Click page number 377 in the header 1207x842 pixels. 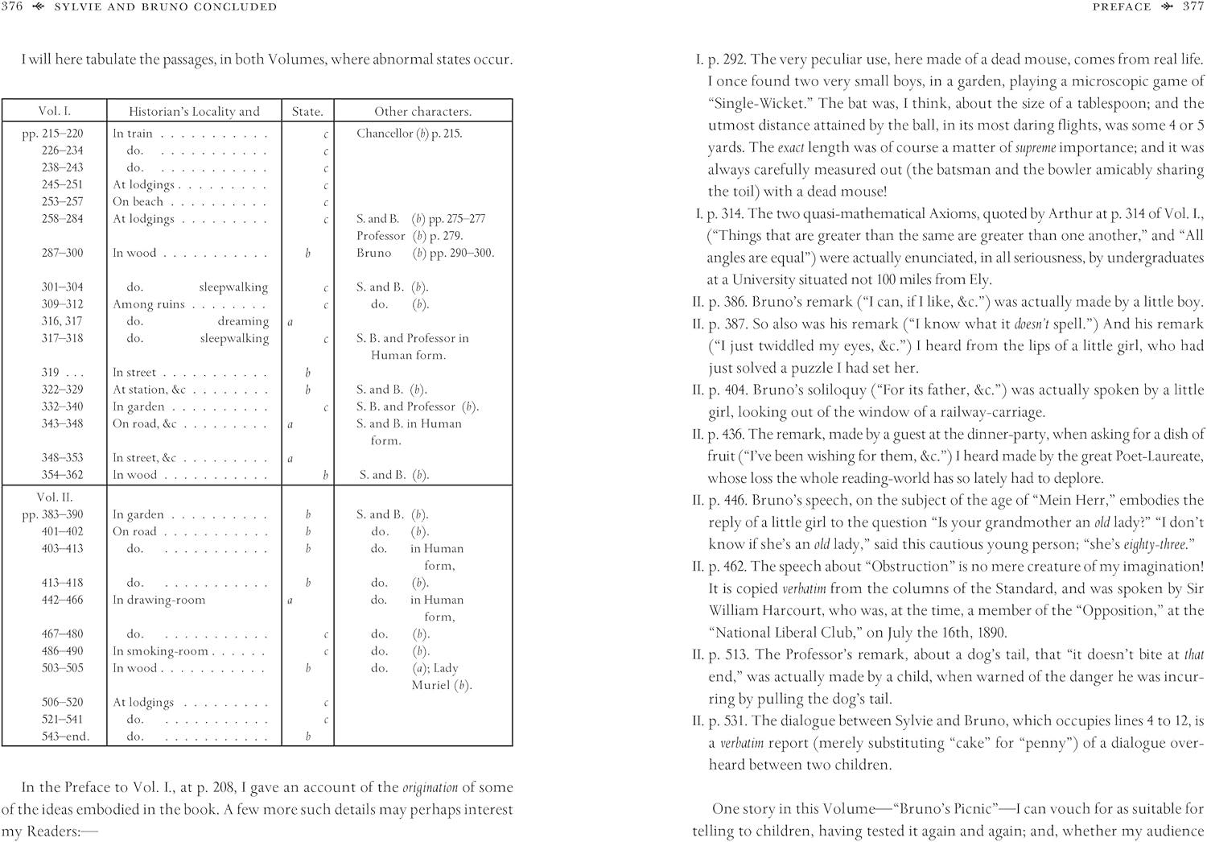pos(1193,7)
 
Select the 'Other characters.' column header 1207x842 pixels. pos(422,112)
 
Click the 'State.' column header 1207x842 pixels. pos(307,112)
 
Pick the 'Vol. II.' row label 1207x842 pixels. pos(55,497)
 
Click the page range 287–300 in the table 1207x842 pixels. pos(62,253)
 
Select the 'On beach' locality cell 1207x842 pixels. pos(138,201)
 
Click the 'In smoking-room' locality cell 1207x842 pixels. pos(160,650)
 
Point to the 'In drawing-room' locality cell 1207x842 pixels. pos(159,600)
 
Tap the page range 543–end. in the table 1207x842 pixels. pos(66,737)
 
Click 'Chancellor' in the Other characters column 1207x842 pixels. pos(385,134)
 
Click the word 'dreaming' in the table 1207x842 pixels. pos(243,321)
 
